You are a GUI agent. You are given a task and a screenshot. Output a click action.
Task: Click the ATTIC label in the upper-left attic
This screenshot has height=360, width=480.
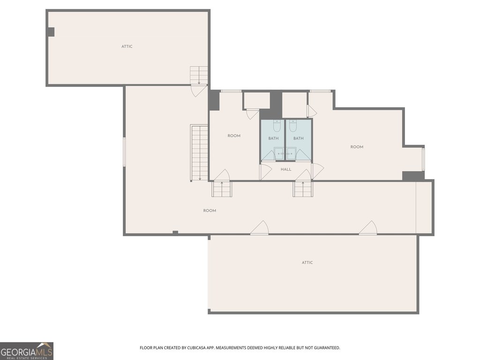click(x=127, y=46)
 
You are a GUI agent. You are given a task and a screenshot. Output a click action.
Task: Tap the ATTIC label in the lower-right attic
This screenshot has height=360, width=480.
click(x=307, y=262)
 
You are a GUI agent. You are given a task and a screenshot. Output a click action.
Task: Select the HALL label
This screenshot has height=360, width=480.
click(x=286, y=169)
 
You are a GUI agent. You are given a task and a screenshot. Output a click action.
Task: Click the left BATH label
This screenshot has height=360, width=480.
click(x=273, y=138)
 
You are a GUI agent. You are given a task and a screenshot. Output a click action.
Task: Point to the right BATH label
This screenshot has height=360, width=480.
click(x=299, y=138)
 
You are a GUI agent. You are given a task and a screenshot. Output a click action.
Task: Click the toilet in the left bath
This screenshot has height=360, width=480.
click(x=277, y=126)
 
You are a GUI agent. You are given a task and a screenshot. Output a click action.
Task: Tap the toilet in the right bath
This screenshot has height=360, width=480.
click(x=293, y=126)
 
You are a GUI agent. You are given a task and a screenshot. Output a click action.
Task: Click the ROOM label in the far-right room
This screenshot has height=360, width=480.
click(x=357, y=147)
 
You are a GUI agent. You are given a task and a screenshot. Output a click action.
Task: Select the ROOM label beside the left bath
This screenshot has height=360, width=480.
click(x=234, y=135)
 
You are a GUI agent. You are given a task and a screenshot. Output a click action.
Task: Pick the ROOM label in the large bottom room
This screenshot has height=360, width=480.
click(x=210, y=210)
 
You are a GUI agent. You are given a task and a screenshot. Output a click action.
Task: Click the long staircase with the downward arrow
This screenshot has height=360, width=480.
click(x=199, y=153)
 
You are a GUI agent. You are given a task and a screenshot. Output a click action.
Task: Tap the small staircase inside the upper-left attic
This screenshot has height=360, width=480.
click(x=199, y=75)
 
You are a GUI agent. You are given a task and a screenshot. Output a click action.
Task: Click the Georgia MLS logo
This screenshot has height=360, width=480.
click(x=27, y=351)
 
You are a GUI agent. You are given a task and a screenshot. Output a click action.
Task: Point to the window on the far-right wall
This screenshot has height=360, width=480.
click(x=423, y=159)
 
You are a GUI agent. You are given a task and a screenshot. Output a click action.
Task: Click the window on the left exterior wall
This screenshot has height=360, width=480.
click(x=124, y=152)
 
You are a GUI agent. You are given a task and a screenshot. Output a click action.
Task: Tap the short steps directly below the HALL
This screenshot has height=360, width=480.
click(x=303, y=189)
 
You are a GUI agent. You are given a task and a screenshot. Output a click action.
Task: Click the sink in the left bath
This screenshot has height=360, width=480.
click(x=279, y=153)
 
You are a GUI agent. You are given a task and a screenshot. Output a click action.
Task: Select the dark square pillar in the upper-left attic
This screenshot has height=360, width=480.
click(x=51, y=32)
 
